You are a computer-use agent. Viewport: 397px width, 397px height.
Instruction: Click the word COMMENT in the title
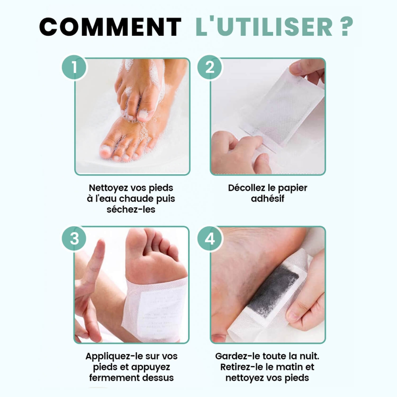[110, 27]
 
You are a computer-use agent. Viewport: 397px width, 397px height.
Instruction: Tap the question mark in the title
[347, 27]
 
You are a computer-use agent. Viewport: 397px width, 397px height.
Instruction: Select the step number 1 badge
[74, 67]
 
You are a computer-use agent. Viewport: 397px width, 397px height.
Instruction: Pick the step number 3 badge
[74, 239]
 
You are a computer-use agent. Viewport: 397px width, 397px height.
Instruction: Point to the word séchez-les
[131, 209]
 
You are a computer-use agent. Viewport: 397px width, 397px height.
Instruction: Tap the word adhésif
[268, 198]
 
